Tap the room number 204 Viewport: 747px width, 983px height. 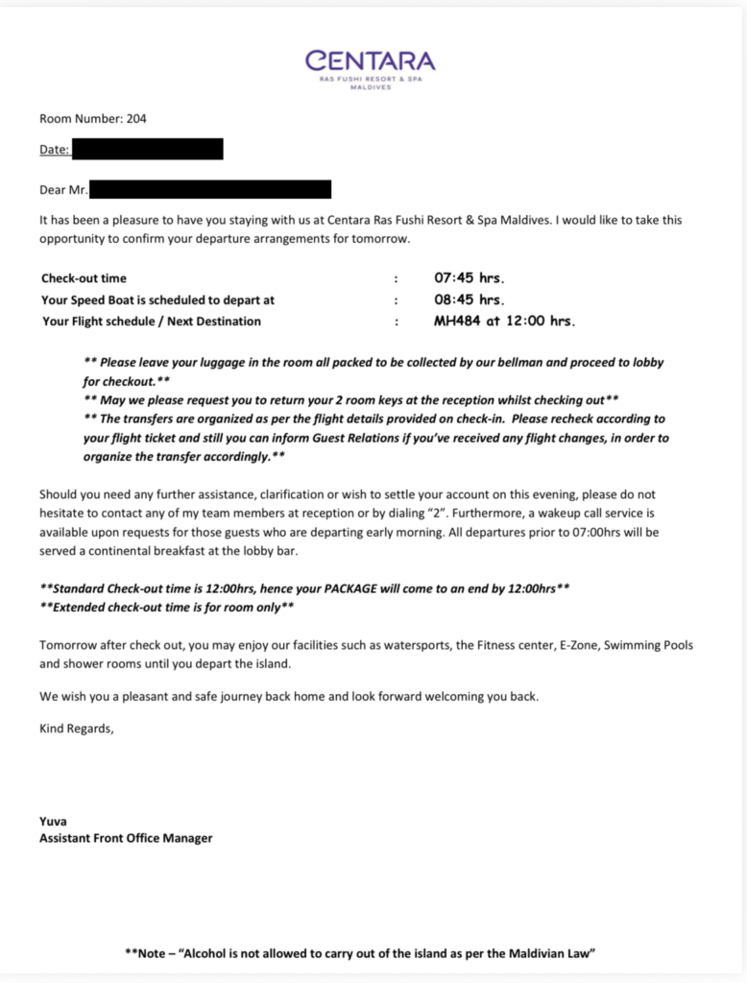point(136,119)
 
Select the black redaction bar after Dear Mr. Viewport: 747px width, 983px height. point(210,189)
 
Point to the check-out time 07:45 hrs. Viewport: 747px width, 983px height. point(470,278)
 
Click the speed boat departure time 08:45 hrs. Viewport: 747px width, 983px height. point(470,300)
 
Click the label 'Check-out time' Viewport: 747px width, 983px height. point(84,278)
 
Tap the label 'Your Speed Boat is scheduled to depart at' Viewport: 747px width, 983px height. point(158,300)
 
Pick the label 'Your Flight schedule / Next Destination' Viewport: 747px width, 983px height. point(151,322)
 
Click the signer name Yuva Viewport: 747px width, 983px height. point(53,821)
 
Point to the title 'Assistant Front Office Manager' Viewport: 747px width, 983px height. point(126,838)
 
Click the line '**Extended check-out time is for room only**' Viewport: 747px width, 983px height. point(167,607)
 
